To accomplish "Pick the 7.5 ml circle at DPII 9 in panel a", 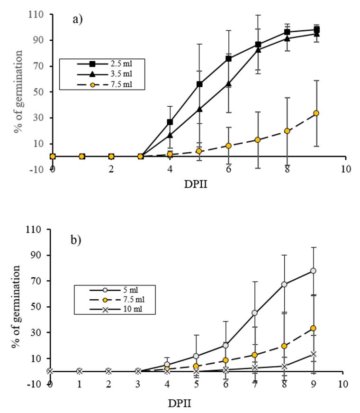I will click(x=316, y=113).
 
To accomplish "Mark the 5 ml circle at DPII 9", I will click(x=313, y=271).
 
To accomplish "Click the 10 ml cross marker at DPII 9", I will click(x=313, y=354).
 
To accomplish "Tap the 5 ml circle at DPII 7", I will click(x=255, y=312).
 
